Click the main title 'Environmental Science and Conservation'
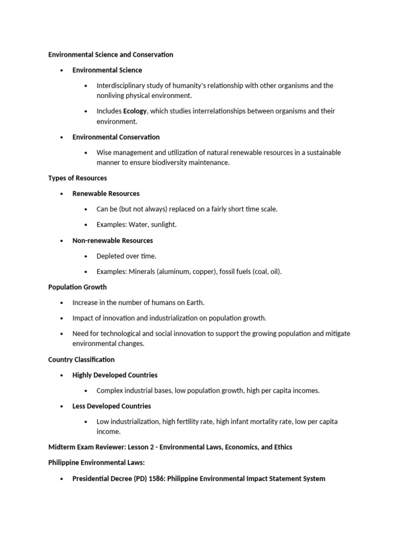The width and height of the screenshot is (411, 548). tap(111, 55)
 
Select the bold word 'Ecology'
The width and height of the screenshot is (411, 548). tap(135, 111)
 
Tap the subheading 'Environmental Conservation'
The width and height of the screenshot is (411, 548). tap(116, 137)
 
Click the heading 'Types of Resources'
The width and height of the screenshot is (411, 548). tap(78, 178)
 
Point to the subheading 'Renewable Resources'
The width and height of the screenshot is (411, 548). tap(106, 194)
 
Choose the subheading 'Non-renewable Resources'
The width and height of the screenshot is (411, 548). tap(112, 241)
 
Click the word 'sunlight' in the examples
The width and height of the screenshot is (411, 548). tap(163, 225)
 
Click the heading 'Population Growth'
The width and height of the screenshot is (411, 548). tap(78, 287)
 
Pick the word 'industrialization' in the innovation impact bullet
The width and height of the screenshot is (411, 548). tap(171, 318)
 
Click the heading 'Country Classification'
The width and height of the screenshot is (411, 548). tap(81, 360)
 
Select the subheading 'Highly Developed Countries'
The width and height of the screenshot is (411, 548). tap(115, 375)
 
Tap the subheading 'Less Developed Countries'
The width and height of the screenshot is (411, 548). tap(112, 406)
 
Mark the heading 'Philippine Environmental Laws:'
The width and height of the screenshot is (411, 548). tap(93, 463)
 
